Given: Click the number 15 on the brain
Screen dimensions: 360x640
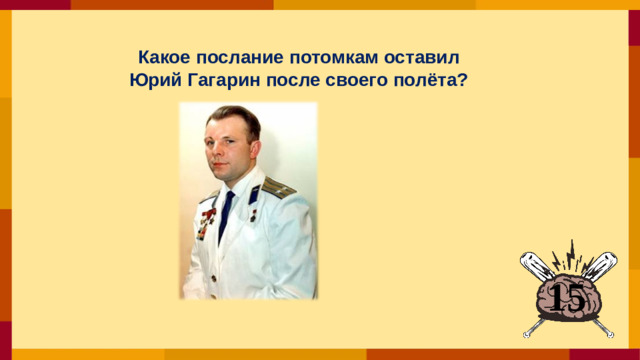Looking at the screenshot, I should tap(567, 297).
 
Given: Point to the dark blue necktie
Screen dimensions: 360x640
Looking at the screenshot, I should tap(226, 215).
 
